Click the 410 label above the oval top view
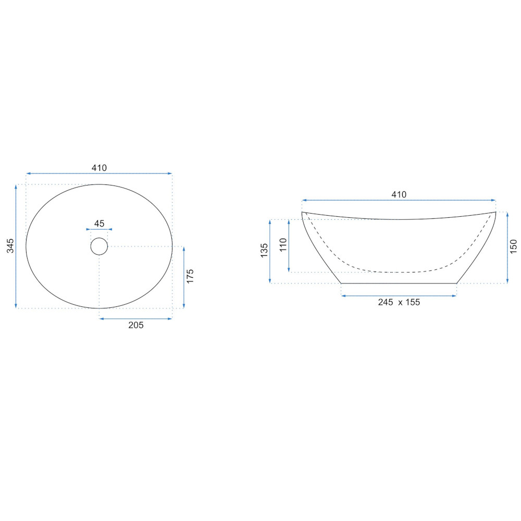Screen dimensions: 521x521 click(x=99, y=168)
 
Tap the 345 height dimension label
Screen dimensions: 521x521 click(x=10, y=245)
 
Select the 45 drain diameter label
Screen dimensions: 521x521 click(x=99, y=224)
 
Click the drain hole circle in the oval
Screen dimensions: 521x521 click(x=99, y=246)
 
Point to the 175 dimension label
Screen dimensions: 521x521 click(x=190, y=277)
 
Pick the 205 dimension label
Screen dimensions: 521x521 click(x=136, y=325)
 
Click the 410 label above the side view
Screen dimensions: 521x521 click(x=399, y=194)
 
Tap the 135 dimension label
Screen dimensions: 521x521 click(x=264, y=251)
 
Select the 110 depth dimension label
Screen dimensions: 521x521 click(x=283, y=245)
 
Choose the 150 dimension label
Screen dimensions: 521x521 click(x=514, y=246)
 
